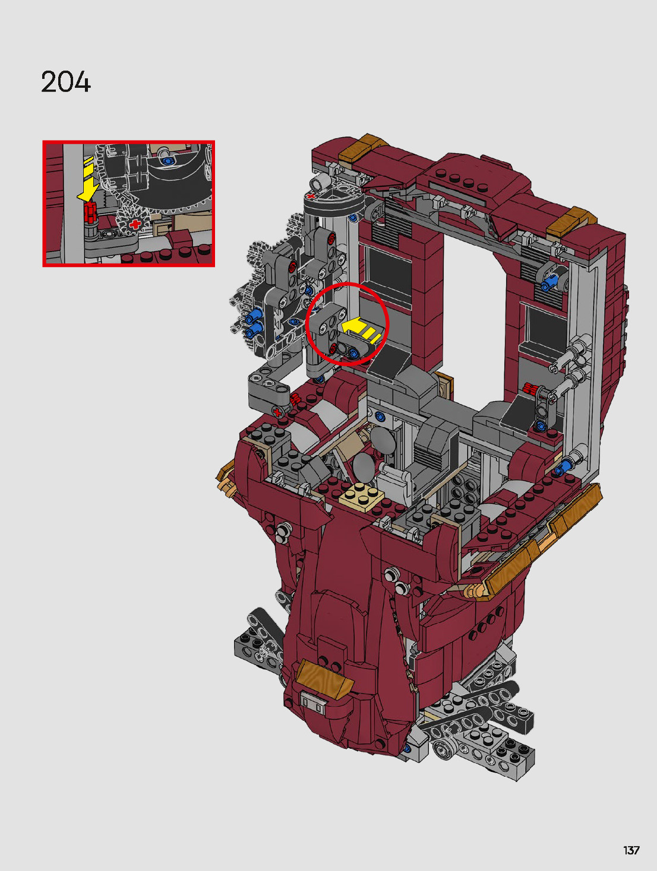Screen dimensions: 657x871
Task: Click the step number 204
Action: [66, 82]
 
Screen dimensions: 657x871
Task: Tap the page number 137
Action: [631, 850]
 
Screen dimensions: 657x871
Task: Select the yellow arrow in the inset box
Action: [88, 179]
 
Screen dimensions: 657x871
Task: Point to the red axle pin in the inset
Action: [90, 212]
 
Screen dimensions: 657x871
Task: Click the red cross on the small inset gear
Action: [135, 224]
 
